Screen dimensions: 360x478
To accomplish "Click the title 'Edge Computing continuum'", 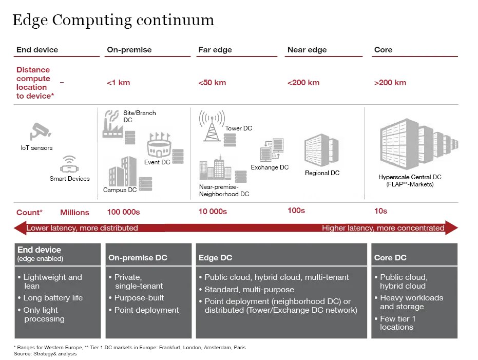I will (x=113, y=20).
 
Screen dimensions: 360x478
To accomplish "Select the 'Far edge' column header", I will (x=215, y=50).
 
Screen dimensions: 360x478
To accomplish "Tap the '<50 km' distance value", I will (x=212, y=83).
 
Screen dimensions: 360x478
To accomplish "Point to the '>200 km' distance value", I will (x=390, y=83).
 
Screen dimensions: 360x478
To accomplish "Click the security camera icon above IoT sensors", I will (x=39, y=131).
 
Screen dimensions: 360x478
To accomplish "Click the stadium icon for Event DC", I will (x=159, y=146).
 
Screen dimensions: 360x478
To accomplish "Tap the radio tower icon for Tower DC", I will (x=211, y=126).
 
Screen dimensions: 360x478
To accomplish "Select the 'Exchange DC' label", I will (x=270, y=167).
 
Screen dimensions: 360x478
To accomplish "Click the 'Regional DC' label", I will (x=322, y=173).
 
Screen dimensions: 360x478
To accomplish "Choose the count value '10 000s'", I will (x=213, y=212).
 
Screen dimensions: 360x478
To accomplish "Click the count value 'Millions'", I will (x=74, y=213).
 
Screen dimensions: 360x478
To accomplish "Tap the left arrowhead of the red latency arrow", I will (x=19, y=228).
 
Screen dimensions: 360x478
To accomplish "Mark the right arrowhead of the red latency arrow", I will (x=451, y=228).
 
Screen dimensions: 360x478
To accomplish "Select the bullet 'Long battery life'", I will (x=53, y=298).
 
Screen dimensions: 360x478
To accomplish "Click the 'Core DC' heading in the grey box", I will (x=390, y=258).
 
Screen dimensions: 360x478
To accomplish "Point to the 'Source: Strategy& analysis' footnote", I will (x=46, y=354).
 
